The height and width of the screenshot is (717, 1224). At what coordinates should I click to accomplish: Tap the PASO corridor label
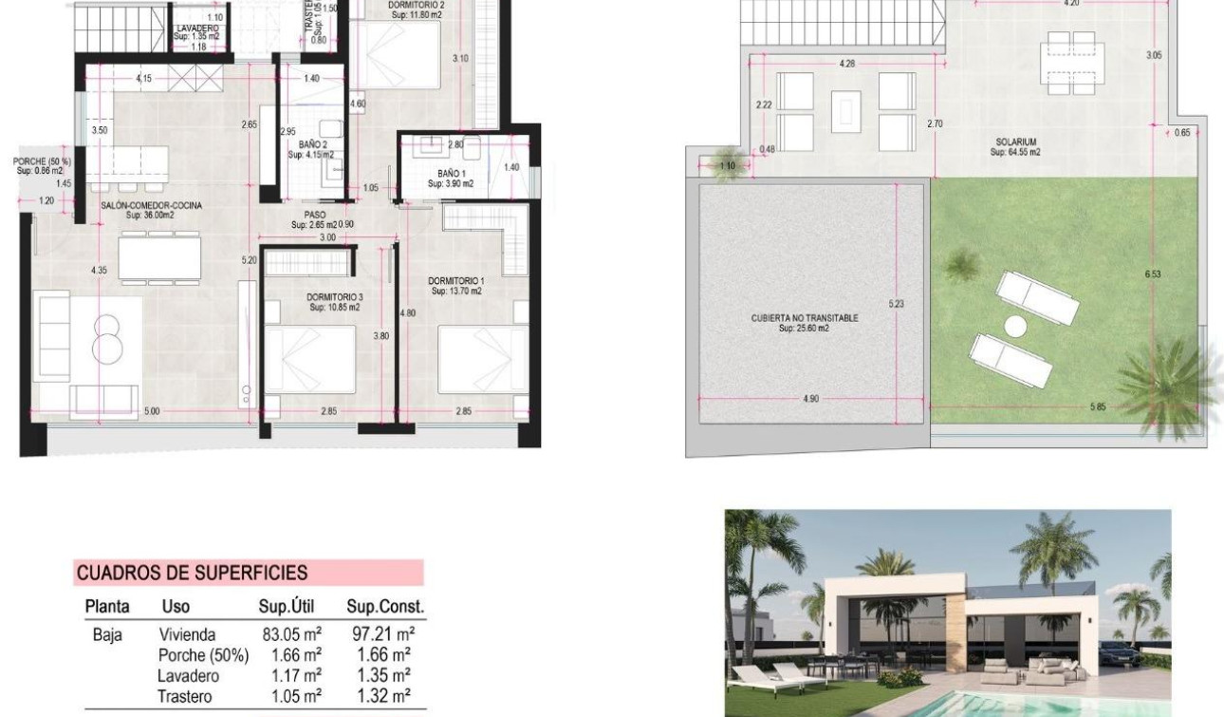(x=315, y=216)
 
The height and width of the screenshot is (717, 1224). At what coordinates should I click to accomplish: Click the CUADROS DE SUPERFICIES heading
(x=192, y=573)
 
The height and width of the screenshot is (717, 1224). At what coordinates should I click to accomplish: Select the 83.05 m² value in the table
(x=291, y=635)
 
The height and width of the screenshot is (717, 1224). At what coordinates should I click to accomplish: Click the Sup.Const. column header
(x=384, y=607)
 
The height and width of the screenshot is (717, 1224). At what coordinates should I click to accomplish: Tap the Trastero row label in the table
(x=186, y=695)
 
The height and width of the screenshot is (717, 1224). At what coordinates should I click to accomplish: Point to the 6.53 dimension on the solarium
(x=1153, y=274)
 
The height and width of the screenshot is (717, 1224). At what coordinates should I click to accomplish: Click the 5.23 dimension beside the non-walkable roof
(x=896, y=304)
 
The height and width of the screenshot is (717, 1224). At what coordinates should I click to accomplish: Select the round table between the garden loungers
(x=1016, y=327)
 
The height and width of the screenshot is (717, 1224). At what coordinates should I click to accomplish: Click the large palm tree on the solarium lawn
(x=1166, y=381)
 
